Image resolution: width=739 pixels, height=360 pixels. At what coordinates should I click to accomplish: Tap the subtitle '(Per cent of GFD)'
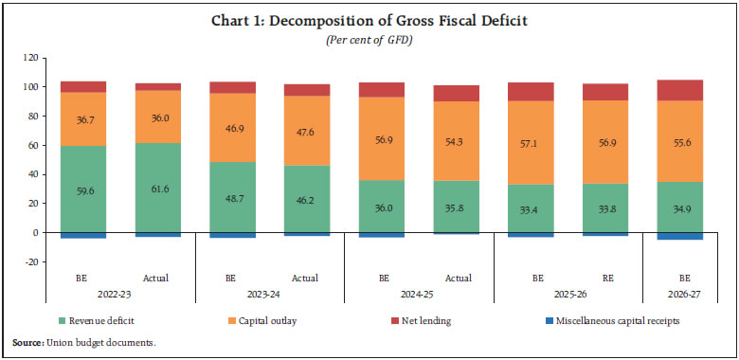click(369, 41)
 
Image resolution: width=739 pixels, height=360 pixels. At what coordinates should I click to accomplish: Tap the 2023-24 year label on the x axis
click(269, 295)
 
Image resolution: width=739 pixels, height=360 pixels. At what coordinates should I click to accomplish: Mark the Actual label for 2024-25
click(457, 279)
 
